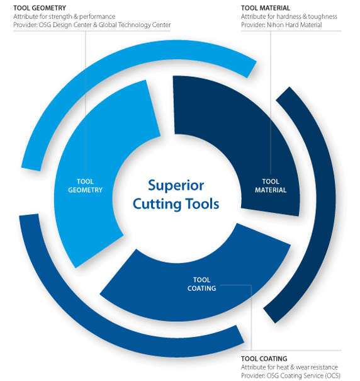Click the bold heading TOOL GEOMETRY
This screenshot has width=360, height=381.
point(40,8)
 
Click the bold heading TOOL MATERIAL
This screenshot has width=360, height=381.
point(266,8)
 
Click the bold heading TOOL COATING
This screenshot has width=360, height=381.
point(264,359)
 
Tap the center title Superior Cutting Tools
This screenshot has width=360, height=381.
point(176,195)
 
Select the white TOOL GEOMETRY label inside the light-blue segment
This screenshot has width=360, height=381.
point(85,186)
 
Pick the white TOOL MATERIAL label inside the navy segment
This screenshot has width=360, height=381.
point(271,186)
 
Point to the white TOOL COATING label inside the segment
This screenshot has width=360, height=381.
point(201,284)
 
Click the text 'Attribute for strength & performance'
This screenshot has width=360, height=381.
point(64,16)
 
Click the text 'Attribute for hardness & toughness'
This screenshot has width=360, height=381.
point(289,16)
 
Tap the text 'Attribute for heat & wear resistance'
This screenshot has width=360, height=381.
point(290,367)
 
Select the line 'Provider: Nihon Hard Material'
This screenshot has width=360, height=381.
point(281,25)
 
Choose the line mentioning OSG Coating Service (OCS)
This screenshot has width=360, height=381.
point(291,376)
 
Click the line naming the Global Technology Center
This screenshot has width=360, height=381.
point(92,25)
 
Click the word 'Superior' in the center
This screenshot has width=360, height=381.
point(176,186)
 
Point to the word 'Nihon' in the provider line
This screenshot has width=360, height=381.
point(276,25)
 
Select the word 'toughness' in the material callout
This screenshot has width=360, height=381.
point(323,16)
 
